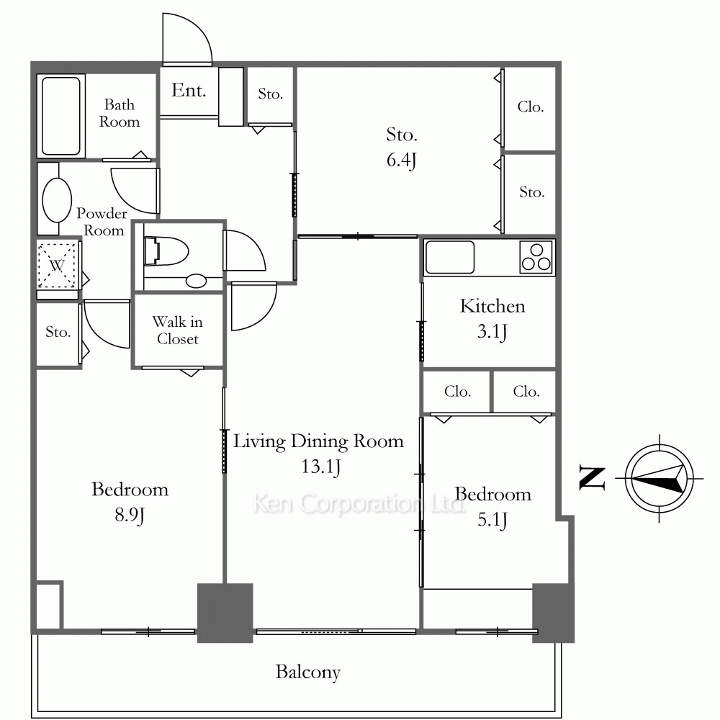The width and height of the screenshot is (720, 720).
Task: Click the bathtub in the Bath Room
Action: click(60, 116)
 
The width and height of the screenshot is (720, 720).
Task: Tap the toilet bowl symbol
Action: click(166, 251)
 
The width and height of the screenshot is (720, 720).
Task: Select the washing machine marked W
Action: click(57, 265)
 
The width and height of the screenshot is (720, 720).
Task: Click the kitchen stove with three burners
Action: click(536, 257)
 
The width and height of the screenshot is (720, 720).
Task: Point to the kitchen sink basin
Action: click(449, 257)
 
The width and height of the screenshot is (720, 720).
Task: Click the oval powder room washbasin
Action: click(57, 199)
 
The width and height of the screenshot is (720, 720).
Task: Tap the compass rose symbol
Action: click(660, 478)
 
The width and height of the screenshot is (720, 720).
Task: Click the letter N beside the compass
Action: click(592, 478)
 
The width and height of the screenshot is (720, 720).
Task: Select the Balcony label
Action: click(308, 672)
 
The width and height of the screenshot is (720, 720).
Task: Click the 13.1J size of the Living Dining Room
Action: click(321, 467)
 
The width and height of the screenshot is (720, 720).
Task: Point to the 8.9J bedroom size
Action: click(130, 516)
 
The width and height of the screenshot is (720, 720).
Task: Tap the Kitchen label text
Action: click(492, 306)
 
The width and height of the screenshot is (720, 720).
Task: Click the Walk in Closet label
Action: click(178, 330)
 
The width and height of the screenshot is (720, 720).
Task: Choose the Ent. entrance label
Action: click(188, 91)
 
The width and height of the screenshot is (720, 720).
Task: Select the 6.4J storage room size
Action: click(401, 161)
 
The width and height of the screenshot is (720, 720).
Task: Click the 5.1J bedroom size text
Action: click(492, 521)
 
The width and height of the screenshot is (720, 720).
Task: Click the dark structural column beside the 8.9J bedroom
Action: click(225, 613)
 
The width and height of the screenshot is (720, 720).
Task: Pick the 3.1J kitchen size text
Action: click(492, 331)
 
